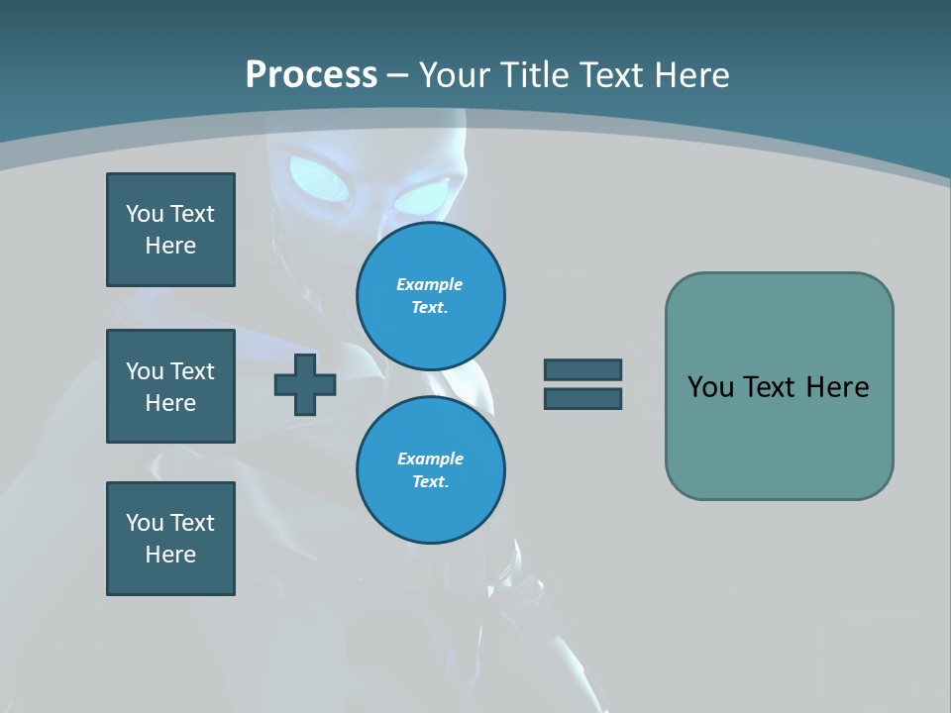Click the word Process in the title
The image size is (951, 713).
(x=311, y=75)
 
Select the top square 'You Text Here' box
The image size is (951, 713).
(x=170, y=230)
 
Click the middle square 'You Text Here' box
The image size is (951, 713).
(x=170, y=386)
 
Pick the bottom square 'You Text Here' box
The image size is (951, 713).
(x=170, y=539)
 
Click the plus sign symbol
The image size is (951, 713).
(x=305, y=384)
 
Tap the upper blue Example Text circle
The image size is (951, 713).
(x=431, y=296)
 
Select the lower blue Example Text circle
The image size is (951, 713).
(x=431, y=470)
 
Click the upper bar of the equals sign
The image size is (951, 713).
(x=582, y=369)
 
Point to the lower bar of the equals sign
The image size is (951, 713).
(x=582, y=398)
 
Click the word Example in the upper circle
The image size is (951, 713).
(x=429, y=284)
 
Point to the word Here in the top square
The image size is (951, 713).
(x=170, y=246)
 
